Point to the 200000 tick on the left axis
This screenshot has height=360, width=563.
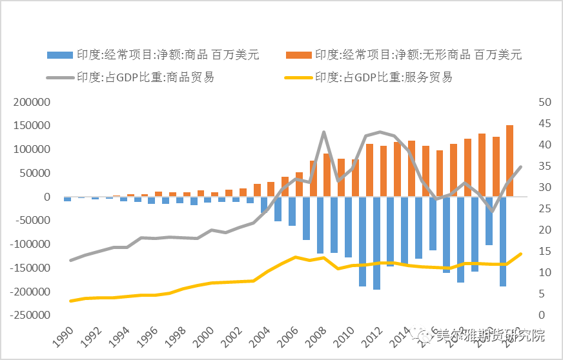click(x=32, y=103)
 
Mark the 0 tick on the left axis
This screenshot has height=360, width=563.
click(x=46, y=197)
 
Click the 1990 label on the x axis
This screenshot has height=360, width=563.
click(x=63, y=335)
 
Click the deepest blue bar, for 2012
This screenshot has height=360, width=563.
click(x=376, y=243)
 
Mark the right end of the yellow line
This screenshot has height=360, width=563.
click(x=521, y=254)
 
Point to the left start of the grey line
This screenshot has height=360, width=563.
click(x=70, y=260)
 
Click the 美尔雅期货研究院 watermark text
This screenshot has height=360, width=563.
click(x=491, y=335)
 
